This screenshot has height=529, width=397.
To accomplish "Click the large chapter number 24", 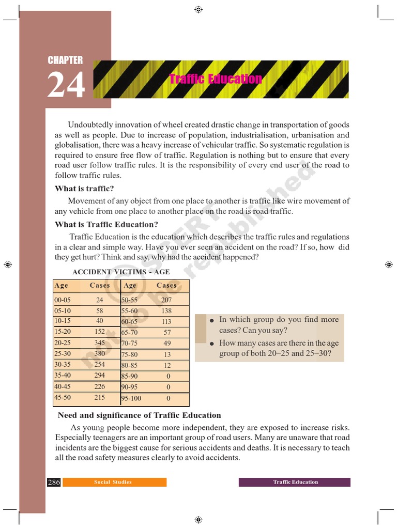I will (x=66, y=85).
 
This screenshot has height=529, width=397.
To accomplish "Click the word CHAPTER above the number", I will (x=65, y=60).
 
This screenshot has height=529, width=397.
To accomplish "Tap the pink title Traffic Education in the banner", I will (x=216, y=79).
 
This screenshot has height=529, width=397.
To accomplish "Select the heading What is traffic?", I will (x=84, y=189).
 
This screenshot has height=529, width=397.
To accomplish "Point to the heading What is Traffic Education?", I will (x=106, y=224).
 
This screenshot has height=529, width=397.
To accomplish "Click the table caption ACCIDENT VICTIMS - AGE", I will (x=121, y=272).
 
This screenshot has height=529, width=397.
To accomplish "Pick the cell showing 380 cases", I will (x=99, y=354).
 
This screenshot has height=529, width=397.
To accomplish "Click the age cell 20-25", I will (x=63, y=343).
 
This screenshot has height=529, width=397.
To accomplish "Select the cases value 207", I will (x=166, y=300).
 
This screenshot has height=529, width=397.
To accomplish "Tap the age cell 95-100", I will (x=131, y=398).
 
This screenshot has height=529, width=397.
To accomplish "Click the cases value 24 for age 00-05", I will (x=99, y=300).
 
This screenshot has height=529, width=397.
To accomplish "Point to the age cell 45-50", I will (x=63, y=397).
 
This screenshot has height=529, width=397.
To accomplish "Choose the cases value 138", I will (x=166, y=311).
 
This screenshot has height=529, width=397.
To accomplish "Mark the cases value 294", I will (x=99, y=376).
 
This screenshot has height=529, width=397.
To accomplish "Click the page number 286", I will (x=54, y=482).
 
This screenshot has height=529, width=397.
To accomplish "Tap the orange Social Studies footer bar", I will (x=113, y=482).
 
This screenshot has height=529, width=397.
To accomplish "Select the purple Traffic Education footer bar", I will (x=295, y=482).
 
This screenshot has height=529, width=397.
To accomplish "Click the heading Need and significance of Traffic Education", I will (x=139, y=415).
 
